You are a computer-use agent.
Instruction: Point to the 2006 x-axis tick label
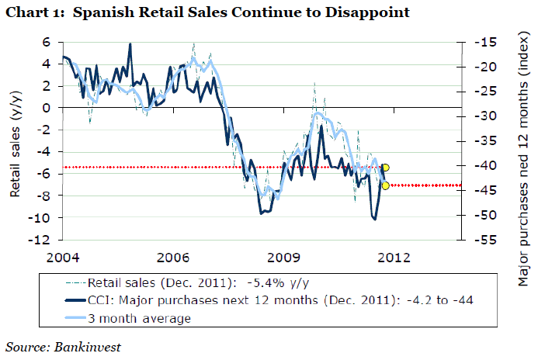[x=173, y=256]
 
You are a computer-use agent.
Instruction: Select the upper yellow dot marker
[x=385, y=168]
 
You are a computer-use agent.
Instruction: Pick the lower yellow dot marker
[x=385, y=185]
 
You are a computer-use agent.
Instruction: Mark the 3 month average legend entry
[x=140, y=318]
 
